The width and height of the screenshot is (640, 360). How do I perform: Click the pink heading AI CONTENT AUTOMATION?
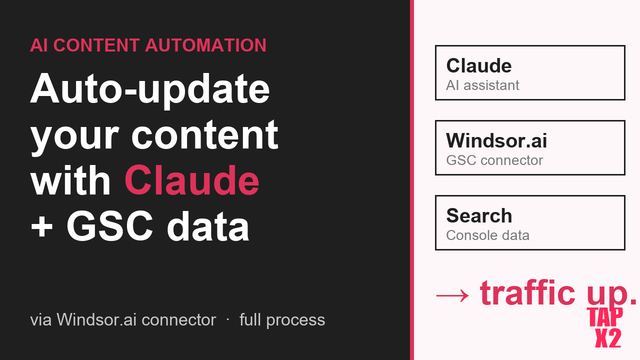tap(148, 45)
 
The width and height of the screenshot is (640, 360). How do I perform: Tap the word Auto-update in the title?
tap(150, 88)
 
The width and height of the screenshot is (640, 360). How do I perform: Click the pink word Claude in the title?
tap(192, 180)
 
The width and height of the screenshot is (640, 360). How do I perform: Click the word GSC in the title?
tap(109, 226)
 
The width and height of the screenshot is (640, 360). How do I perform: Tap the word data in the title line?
tap(208, 226)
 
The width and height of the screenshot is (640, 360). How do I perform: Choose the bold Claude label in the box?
tap(478, 65)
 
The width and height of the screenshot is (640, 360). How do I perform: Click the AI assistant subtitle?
tap(482, 85)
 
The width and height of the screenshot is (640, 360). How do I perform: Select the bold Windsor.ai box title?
tap(496, 140)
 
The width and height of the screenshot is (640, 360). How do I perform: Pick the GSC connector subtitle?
tap(494, 160)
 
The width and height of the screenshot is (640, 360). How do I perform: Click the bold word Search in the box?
tap(479, 215)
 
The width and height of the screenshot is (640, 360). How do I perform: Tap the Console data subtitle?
tap(487, 235)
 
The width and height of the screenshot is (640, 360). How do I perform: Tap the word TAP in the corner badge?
tap(605, 316)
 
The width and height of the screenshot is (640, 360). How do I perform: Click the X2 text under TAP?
tap(608, 338)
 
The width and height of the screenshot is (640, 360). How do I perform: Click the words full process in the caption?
tap(282, 319)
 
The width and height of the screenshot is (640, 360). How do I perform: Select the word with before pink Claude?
tap(70, 180)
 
